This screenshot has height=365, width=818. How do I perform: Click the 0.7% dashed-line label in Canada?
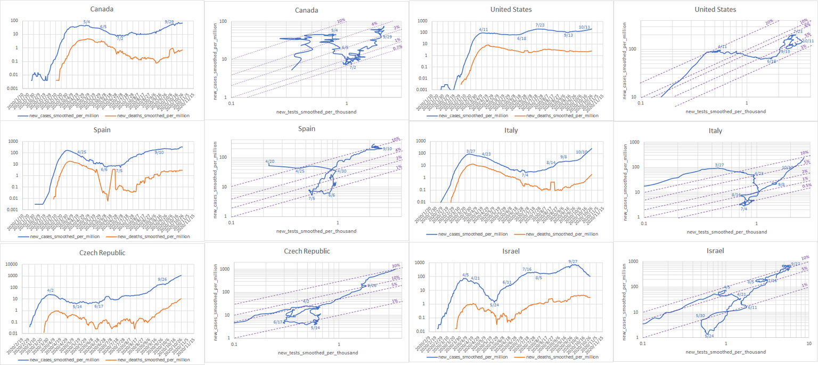coord(382,48)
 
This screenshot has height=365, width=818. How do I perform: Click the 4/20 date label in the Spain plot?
coord(269,161)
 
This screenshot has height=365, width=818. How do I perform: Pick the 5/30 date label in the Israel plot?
coord(700,316)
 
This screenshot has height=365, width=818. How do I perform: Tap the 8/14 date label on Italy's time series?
coord(551,162)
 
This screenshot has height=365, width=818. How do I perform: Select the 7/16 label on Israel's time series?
coord(527,269)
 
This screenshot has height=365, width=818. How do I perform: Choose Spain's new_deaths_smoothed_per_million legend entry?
coord(153,237)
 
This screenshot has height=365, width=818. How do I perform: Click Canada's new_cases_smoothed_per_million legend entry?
coord(51,115)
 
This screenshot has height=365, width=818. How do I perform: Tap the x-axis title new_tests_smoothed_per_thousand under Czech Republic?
coord(317,353)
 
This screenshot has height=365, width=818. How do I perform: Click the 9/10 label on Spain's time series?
coord(159,152)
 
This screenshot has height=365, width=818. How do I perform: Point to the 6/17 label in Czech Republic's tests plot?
coord(278,322)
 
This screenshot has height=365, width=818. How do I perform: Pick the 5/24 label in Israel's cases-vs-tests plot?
coord(709,336)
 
